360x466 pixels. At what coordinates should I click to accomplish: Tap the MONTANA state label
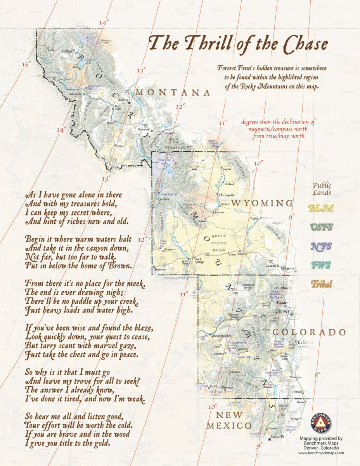173,92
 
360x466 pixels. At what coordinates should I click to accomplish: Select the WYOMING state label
262,203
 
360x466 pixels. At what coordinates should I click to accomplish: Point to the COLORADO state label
309,332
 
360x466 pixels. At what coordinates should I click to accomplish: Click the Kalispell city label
68,51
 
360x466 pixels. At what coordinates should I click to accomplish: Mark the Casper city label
254,218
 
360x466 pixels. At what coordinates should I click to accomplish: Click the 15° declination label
26,64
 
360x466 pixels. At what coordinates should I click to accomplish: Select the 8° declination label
318,375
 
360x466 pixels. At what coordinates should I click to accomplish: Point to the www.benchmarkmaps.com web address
321,453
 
